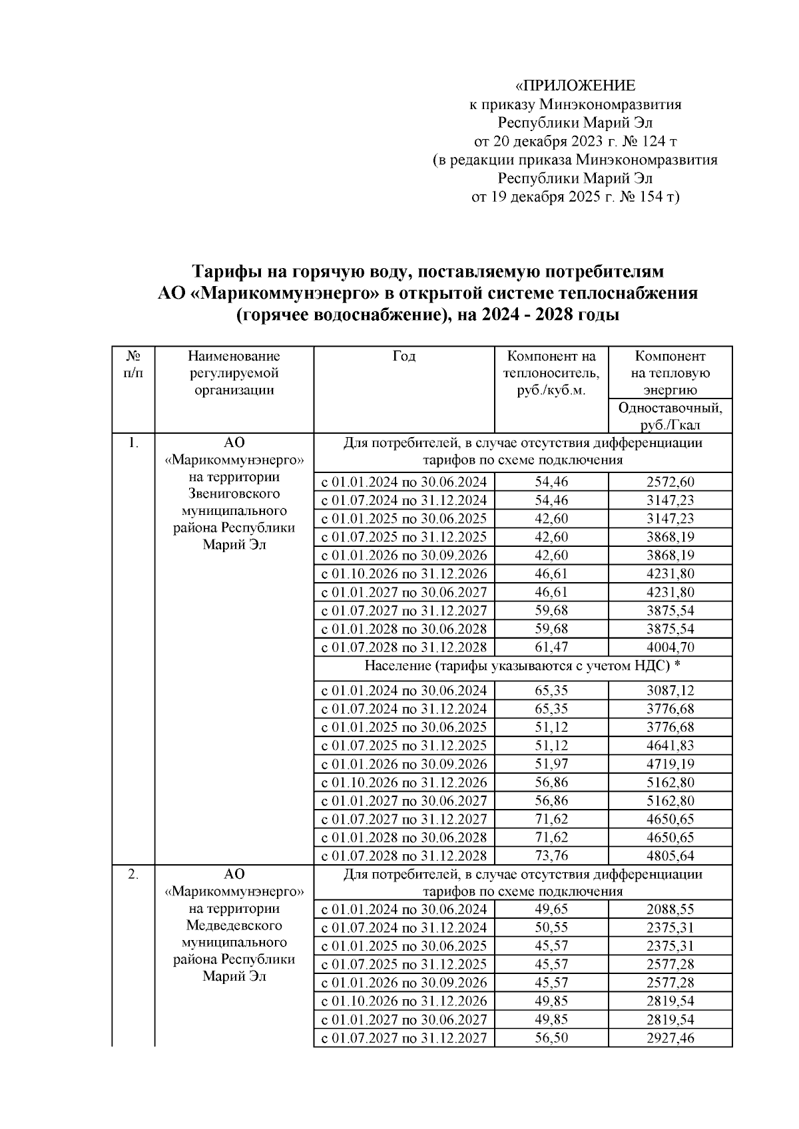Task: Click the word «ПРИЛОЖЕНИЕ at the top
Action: (x=576, y=86)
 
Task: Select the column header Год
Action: (x=403, y=357)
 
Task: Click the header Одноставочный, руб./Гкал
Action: (x=670, y=416)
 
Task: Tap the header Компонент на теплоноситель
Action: (x=551, y=365)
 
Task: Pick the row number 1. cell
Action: (x=134, y=442)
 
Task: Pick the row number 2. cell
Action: (x=134, y=874)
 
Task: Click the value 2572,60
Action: (x=670, y=482)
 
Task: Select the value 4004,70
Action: (x=670, y=647)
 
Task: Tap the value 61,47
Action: (x=551, y=647)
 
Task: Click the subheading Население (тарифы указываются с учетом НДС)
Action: (x=523, y=666)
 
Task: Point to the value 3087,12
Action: (x=670, y=691)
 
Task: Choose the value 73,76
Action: (x=551, y=856)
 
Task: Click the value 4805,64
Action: (x=670, y=856)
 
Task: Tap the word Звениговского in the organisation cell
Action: (x=234, y=494)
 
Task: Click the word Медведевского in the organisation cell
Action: (x=234, y=925)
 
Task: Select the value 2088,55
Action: (x=670, y=909)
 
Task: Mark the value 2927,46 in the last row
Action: (x=670, y=1038)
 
